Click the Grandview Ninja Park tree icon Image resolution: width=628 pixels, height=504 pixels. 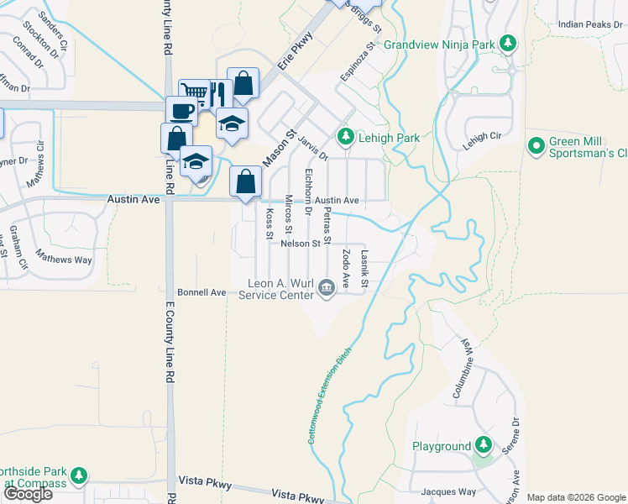pos(507,43)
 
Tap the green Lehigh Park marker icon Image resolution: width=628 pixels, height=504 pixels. pos(344,136)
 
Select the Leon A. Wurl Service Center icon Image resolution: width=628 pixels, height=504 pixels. pos(327,288)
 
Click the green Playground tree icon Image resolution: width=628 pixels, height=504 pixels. pos(484,445)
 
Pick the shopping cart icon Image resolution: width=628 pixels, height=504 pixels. pos(194,93)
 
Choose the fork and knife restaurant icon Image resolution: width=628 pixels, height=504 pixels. pos(217,93)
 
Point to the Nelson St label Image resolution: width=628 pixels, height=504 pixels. pos(301,244)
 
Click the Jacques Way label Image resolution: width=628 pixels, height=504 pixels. pos(448,491)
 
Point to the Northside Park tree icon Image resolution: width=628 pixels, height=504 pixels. pos(79,476)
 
